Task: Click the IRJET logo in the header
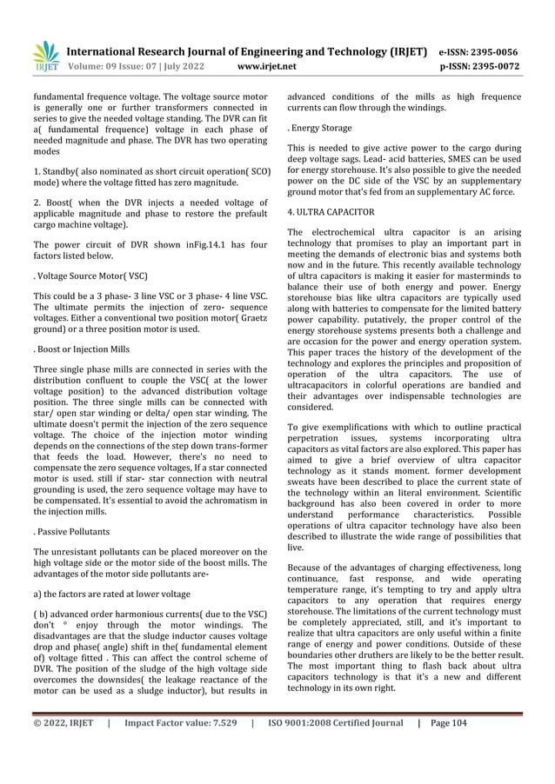coord(44,56)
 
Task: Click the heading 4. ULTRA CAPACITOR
coord(331,212)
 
